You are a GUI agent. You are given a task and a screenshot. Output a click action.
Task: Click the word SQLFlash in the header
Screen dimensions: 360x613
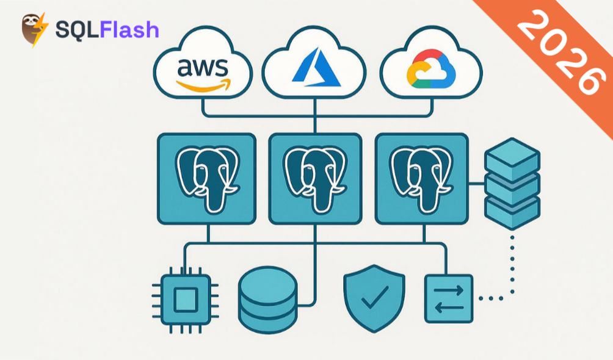point(107,29)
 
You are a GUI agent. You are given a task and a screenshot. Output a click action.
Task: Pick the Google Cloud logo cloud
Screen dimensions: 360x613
point(430,68)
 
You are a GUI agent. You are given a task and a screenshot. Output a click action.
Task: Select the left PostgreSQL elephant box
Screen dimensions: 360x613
point(206,178)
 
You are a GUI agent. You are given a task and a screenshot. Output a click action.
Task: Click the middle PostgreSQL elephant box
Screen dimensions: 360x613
point(314,178)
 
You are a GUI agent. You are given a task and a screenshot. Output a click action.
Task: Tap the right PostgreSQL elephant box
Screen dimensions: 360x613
point(421,178)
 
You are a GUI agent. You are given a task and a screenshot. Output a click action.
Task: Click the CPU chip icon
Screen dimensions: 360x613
point(186,300)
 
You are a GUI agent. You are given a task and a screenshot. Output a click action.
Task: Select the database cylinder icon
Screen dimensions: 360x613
point(267,299)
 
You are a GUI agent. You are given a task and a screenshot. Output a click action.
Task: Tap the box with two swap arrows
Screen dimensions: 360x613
point(449,298)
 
